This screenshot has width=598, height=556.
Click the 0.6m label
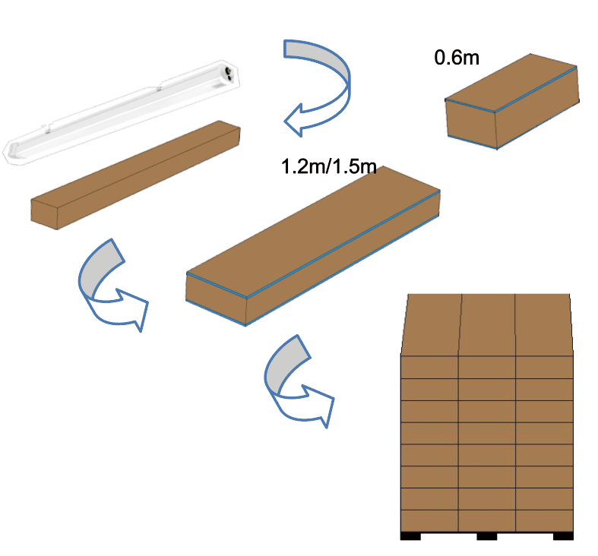[457, 58]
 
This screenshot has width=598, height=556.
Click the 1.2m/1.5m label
[329, 166]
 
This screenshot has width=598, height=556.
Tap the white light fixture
[122, 112]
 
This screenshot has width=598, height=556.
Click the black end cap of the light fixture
[229, 74]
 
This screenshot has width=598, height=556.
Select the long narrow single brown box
[135, 175]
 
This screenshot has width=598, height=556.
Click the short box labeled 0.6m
[512, 101]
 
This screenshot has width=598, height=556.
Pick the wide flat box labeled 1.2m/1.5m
[313, 246]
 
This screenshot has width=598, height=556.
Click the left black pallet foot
[410, 536]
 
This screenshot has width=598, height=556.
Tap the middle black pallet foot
[486, 536]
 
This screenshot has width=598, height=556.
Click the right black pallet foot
[563, 536]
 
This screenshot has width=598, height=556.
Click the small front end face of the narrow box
[44, 214]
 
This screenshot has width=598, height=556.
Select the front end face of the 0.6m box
[471, 124]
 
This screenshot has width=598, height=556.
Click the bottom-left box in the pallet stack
[429, 520]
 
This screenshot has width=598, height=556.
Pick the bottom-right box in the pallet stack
[544, 520]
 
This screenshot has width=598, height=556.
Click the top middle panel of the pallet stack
[487, 324]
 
